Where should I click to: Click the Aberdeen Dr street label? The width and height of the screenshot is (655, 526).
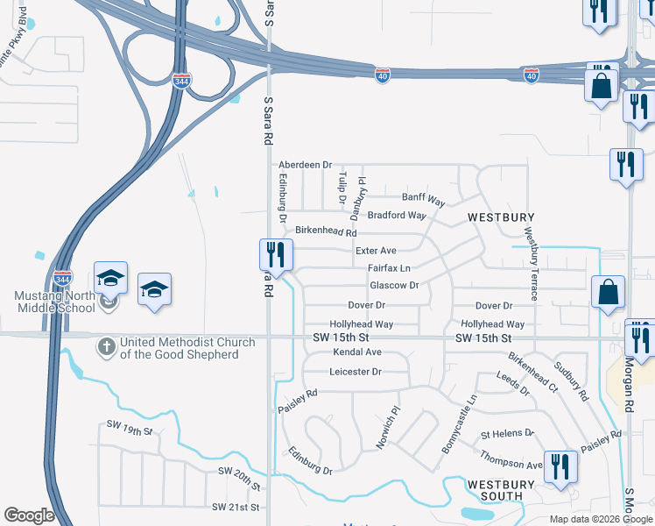306,165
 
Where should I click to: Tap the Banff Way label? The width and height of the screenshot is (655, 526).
424,197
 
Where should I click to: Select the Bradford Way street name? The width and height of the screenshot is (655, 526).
397,215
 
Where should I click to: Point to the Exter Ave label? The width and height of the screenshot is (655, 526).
376,251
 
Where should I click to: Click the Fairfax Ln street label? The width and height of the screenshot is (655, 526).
389,267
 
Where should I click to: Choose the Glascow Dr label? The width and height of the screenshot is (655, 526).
394,285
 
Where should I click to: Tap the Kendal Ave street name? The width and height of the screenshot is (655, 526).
357,352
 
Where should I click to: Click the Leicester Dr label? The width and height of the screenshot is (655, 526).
356,372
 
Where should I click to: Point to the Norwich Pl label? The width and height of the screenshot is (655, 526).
387,427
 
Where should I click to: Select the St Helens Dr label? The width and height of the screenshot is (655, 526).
507,434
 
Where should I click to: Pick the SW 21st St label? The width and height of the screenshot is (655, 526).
236,507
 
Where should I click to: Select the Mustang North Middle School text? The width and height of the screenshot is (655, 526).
54,302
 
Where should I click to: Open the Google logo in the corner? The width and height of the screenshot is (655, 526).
29,515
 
